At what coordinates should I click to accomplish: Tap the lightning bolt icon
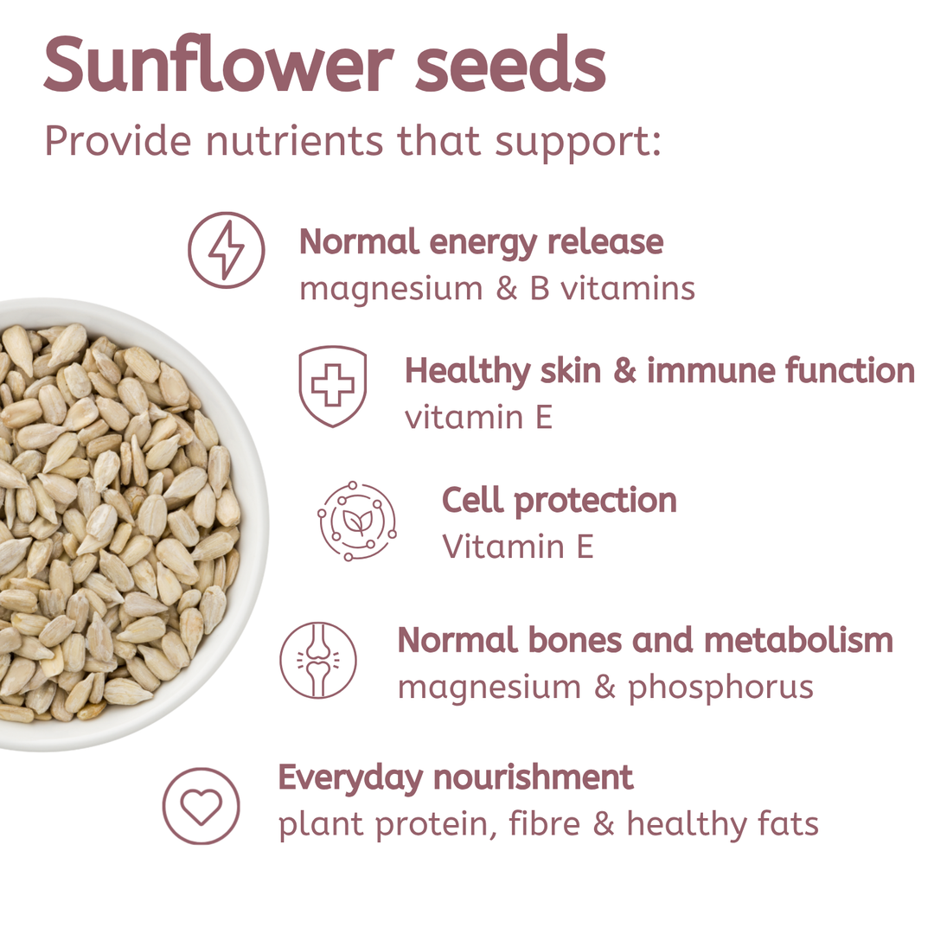227,250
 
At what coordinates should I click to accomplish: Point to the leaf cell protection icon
356,521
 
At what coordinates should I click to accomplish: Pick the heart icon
201,805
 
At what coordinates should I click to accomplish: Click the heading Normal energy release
481,242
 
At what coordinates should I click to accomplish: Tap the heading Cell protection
559,501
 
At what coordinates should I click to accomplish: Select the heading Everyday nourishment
455,777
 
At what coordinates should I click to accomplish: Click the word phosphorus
720,688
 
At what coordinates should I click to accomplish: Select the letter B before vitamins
539,289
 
